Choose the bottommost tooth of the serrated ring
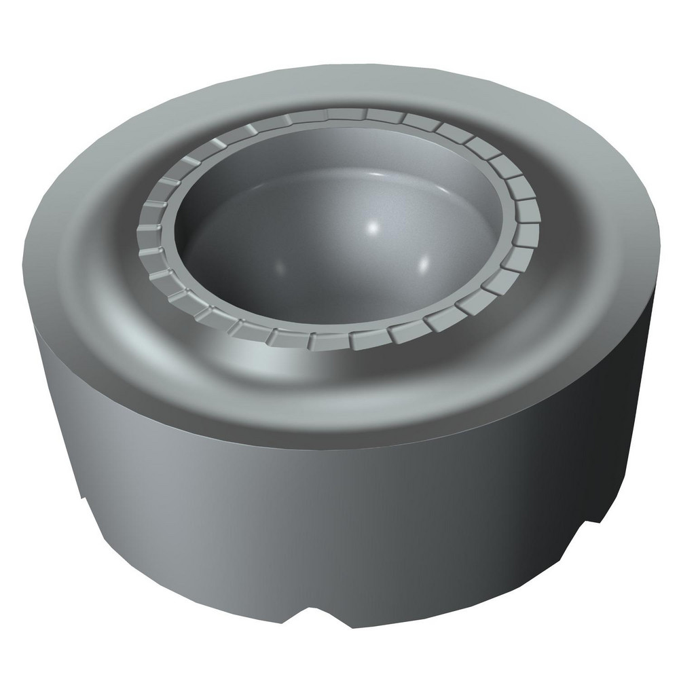[331, 337]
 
